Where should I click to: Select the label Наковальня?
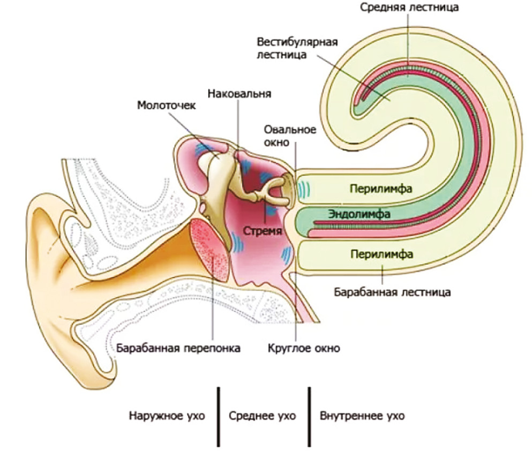click(239, 93)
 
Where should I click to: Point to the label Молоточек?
click(166, 105)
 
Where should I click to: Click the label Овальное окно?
click(290, 136)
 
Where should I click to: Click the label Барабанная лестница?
click(392, 292)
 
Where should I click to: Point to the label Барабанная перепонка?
click(178, 348)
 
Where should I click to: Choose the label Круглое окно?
click(304, 348)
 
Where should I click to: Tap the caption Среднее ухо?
click(262, 416)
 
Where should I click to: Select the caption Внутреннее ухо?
click(362, 416)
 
